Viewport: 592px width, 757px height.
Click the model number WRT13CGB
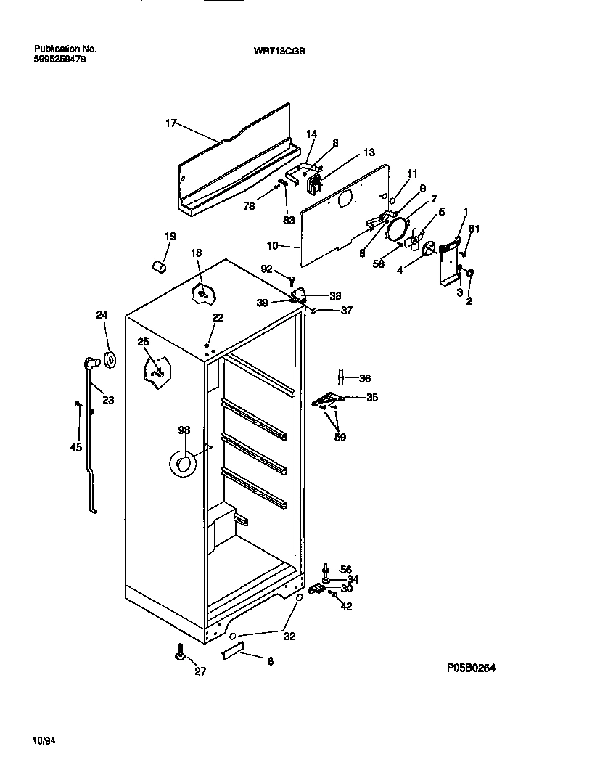pyautogui.click(x=275, y=52)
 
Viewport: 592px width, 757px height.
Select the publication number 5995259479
pyautogui.click(x=59, y=60)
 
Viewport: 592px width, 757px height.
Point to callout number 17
pyautogui.click(x=171, y=123)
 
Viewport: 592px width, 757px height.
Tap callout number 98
pyautogui.click(x=184, y=430)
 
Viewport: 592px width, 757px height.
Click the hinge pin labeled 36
pyautogui.click(x=340, y=378)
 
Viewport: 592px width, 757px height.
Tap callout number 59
pyautogui.click(x=340, y=437)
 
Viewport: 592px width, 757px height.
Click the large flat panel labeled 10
pyautogui.click(x=341, y=218)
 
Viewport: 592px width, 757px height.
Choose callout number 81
pyautogui.click(x=474, y=229)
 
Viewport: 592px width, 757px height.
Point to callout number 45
pyautogui.click(x=76, y=447)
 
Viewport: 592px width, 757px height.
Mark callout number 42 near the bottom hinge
pyautogui.click(x=346, y=607)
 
